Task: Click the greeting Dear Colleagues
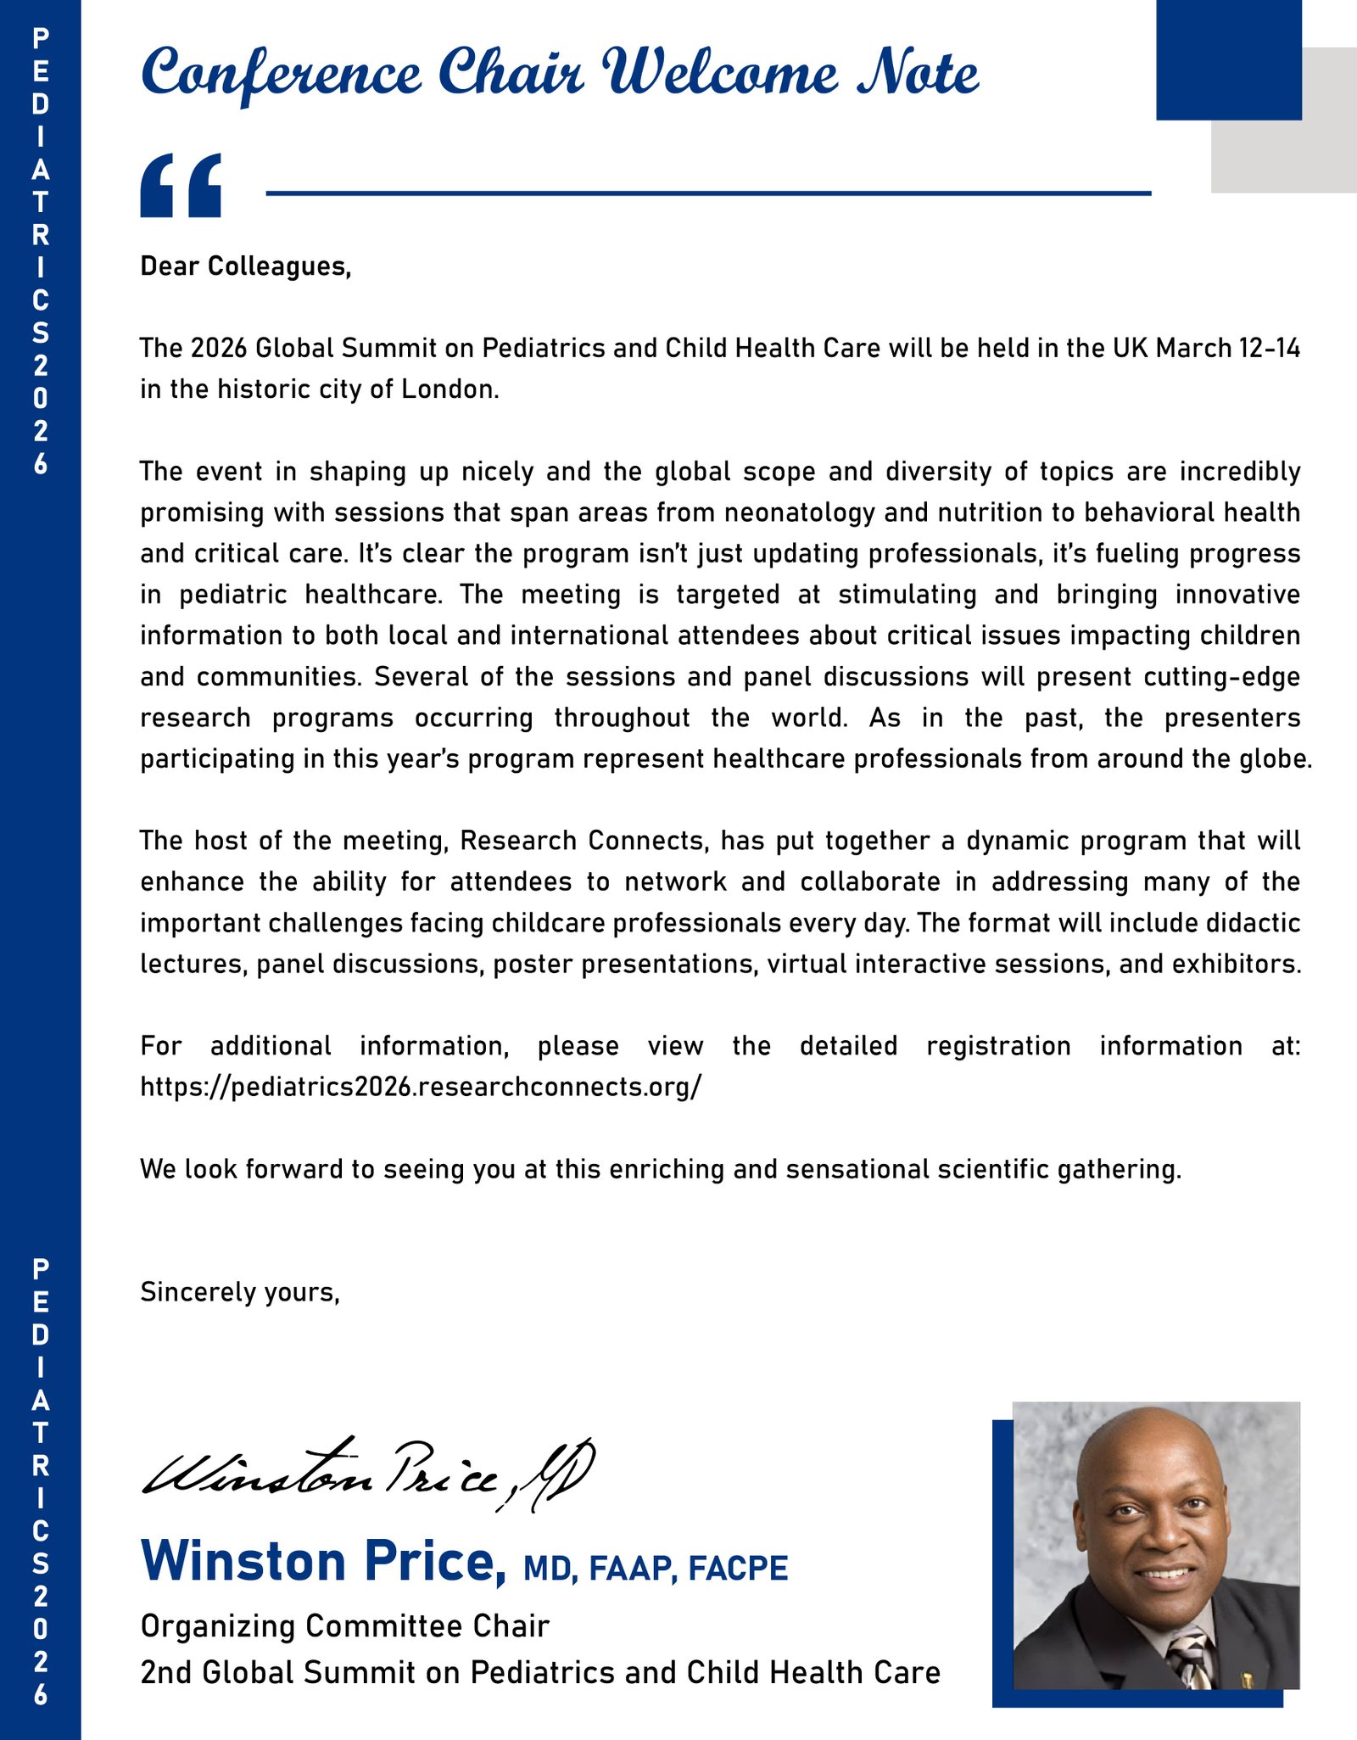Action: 245,266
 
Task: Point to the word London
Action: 450,389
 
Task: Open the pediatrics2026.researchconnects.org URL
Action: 421,1087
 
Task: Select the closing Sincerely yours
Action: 240,1292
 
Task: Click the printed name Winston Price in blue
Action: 322,1561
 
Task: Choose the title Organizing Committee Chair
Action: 344,1626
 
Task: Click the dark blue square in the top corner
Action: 1227,59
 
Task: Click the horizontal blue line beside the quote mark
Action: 708,193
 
